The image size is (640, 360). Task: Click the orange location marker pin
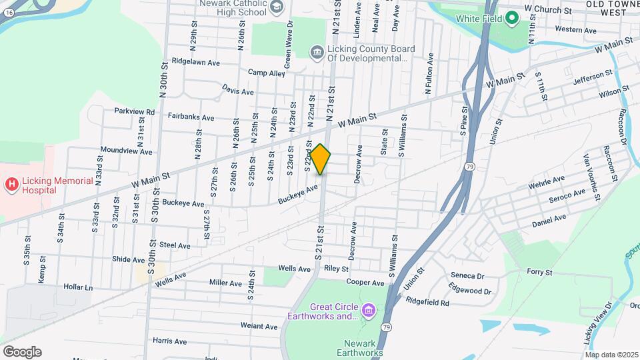321,159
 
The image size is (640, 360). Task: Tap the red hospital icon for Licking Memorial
11,183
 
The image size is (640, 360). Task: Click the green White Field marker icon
512,18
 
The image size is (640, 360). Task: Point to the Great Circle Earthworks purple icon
367,310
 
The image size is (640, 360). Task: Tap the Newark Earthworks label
359,347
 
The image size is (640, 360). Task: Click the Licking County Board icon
317,52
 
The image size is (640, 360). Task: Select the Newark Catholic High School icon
275,7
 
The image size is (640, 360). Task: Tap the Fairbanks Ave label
191,117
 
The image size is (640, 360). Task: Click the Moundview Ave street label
126,151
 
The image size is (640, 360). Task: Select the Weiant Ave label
259,326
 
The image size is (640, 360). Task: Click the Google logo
22,351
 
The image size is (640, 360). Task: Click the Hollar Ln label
78,287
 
